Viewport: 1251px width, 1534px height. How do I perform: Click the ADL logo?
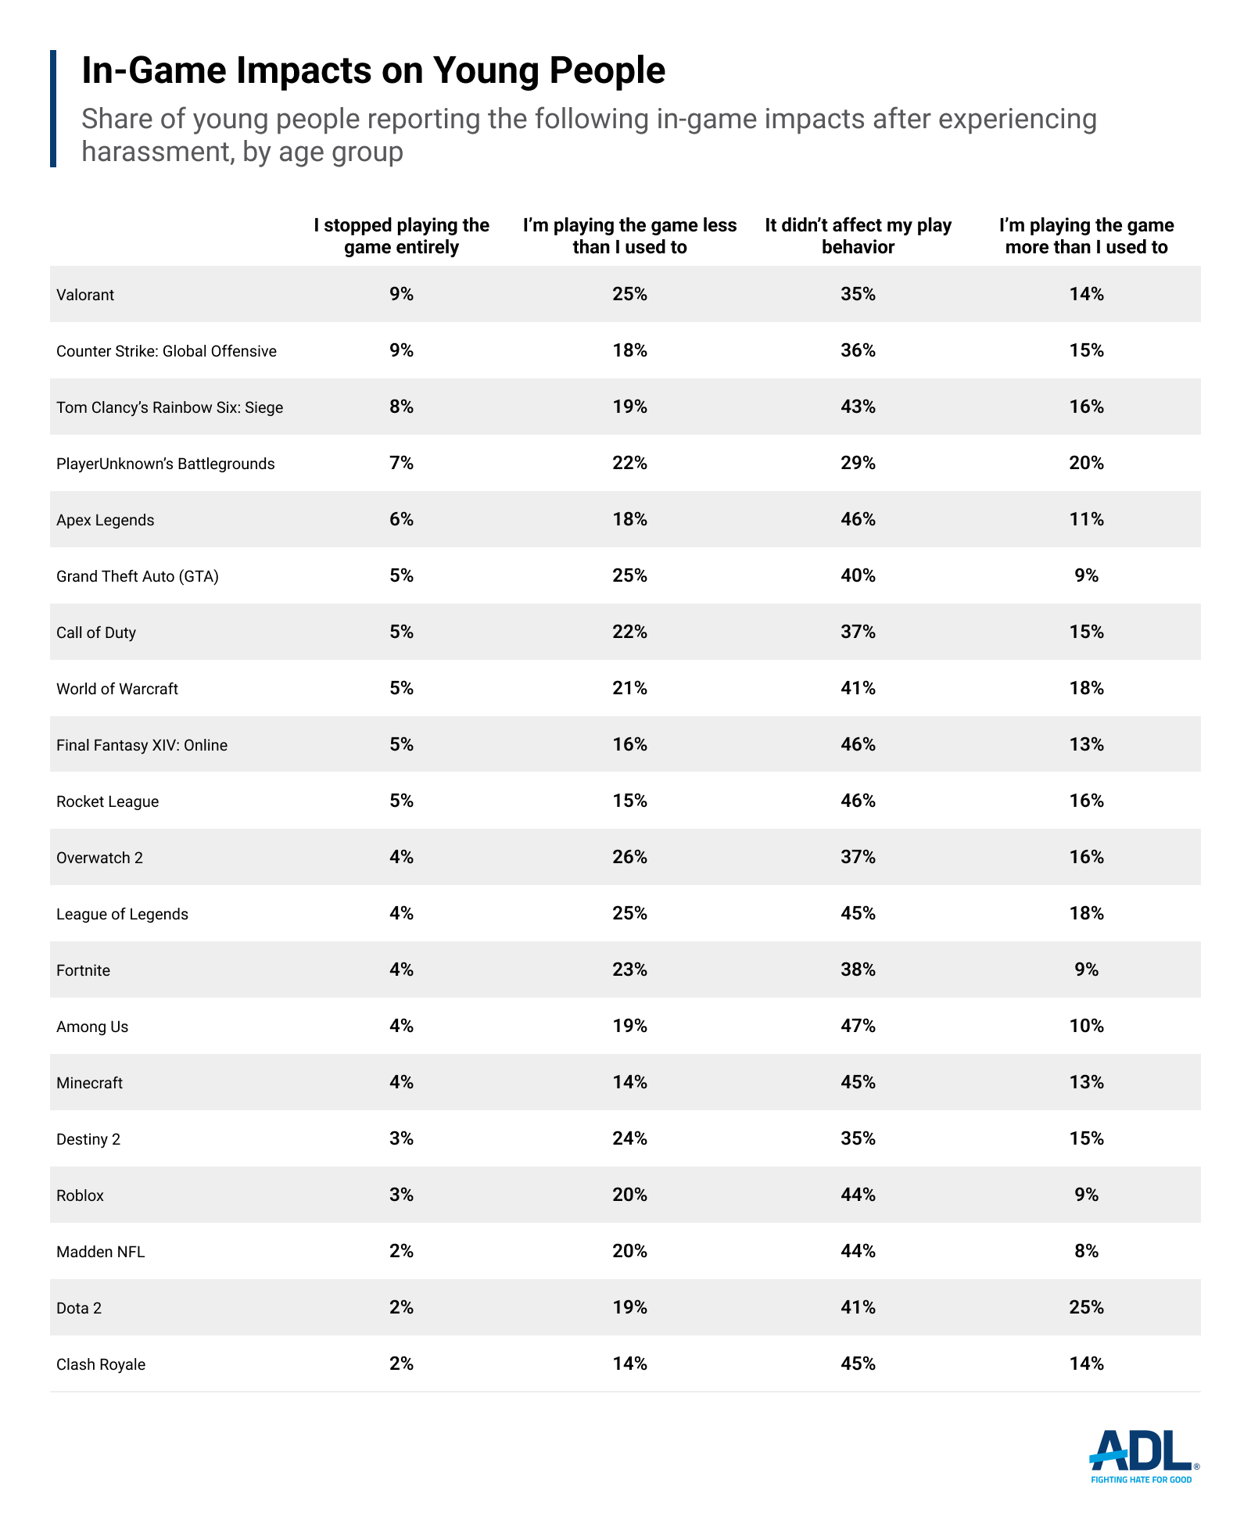(x=1142, y=1456)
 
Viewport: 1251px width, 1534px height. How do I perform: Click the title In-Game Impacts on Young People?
(x=373, y=70)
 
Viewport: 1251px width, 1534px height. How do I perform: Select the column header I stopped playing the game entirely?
(x=401, y=236)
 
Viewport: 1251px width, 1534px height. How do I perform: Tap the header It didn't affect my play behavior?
(x=858, y=236)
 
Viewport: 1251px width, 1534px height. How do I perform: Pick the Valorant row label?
(x=85, y=295)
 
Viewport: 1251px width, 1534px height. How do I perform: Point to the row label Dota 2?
(x=79, y=1308)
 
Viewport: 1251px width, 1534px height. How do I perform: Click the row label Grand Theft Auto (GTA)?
(x=138, y=576)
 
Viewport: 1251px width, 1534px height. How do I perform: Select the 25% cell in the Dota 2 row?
(x=1086, y=1307)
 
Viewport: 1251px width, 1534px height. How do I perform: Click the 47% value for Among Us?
(x=858, y=1026)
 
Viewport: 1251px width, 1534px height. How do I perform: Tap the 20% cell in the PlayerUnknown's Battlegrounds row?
(x=1086, y=463)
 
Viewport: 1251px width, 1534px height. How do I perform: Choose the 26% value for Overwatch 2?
(x=629, y=857)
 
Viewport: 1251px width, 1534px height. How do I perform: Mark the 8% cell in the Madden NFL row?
(x=1086, y=1251)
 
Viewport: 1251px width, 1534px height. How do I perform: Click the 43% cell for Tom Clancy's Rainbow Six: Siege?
(x=858, y=407)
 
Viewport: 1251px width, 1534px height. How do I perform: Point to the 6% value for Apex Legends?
(x=401, y=519)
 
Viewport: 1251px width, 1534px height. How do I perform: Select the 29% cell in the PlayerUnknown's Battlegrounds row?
(x=858, y=463)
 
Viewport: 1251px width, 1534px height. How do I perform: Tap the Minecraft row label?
(x=90, y=1083)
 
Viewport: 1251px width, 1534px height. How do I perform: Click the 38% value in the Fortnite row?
(x=858, y=970)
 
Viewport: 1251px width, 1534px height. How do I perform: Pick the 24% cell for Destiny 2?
(x=629, y=1138)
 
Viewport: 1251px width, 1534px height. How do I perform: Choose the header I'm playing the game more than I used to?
(x=1086, y=236)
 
